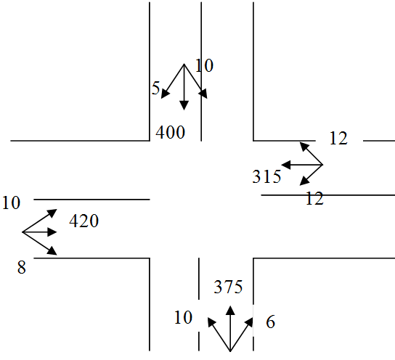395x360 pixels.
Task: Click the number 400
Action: coord(170,132)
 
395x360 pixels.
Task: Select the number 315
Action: coord(266,176)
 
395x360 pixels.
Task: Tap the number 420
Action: coord(84,221)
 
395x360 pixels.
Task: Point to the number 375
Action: coord(228,287)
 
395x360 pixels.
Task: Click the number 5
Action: coord(156,89)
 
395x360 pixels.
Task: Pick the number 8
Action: coord(22,269)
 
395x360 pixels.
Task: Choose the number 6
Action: coord(270,322)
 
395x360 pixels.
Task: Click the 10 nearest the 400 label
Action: coord(205,66)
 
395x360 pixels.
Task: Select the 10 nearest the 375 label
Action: coord(184,317)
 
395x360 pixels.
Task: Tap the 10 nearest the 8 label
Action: coord(11,202)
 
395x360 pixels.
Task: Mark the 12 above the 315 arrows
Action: coord(338,138)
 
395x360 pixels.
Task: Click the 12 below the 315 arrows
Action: coord(314,198)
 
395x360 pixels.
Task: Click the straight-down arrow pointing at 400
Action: coord(184,91)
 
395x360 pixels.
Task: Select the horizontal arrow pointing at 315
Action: coord(298,166)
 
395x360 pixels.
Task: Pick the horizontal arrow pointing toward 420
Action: coord(44,232)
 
